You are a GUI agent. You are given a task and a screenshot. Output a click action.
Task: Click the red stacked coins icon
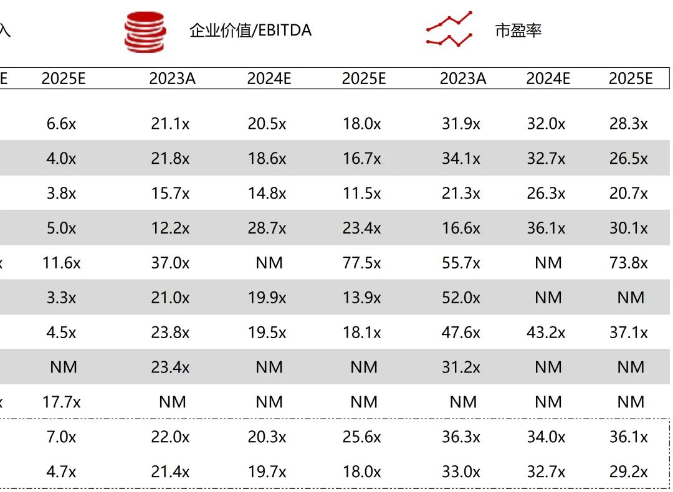[145, 31]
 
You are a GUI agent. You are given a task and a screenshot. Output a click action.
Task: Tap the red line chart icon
[449, 30]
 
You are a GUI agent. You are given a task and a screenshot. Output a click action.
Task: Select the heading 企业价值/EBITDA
[251, 30]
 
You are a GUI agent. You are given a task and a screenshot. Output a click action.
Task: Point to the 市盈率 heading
[518, 30]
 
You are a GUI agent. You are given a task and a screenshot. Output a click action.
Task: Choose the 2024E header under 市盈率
[548, 78]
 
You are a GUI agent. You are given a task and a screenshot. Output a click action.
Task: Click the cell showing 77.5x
[361, 263]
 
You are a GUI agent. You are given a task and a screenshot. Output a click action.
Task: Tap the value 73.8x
[629, 263]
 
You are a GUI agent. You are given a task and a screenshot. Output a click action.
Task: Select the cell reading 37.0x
[170, 263]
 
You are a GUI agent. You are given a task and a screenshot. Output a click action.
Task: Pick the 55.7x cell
[461, 263]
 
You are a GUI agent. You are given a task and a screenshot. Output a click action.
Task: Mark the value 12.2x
[170, 228]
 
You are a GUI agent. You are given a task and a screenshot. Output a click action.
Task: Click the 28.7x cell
[267, 228]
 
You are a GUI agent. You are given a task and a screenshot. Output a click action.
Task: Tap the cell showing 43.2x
[546, 333]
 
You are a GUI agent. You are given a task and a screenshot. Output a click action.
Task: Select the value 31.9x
[461, 124]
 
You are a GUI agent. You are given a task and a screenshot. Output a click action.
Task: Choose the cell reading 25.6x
[361, 437]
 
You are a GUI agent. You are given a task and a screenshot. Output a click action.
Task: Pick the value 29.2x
[629, 472]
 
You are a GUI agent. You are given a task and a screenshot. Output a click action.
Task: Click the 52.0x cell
[461, 298]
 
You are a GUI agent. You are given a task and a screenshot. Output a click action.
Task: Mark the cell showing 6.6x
[61, 124]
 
